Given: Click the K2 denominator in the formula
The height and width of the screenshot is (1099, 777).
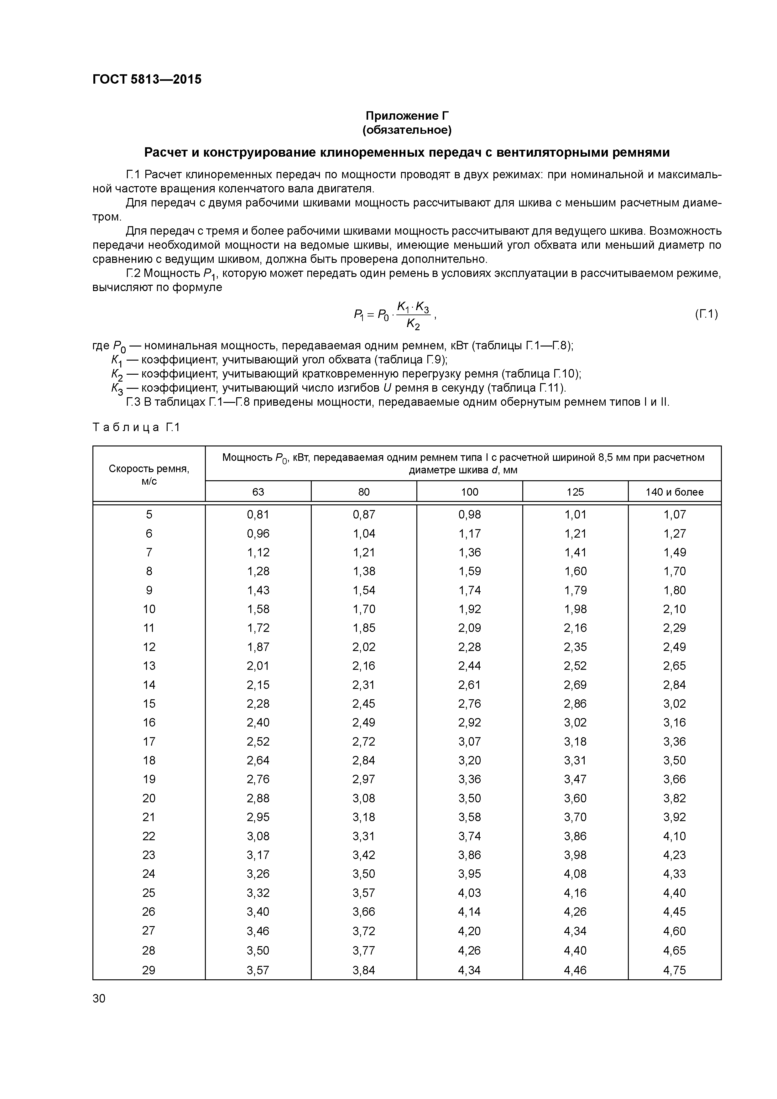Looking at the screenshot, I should coord(413,325).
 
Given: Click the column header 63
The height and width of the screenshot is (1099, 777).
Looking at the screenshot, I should coord(258,492).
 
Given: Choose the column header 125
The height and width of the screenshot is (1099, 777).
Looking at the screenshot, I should coord(575,492).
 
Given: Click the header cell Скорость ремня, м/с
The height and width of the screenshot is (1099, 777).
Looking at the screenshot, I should coord(149,475).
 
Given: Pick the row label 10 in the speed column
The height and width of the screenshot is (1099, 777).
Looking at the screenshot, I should coord(149,609).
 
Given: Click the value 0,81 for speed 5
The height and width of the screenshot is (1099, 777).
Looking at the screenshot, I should coord(258,514).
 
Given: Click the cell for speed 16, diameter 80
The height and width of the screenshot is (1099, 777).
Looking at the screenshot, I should coord(364,722).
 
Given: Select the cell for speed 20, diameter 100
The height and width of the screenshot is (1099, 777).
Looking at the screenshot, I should coord(469,798).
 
